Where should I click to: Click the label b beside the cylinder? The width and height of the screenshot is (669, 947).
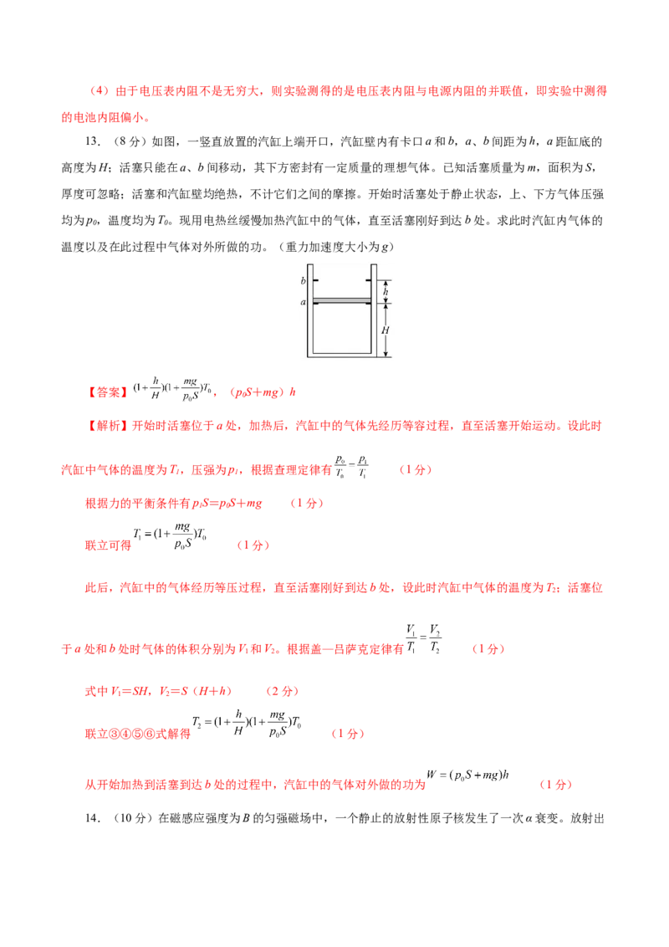303,280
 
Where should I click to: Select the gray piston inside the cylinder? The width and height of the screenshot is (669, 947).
341,300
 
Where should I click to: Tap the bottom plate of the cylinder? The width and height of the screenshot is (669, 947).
341,354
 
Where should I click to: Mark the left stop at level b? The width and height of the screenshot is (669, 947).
317,280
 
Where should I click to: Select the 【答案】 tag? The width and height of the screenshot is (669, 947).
108,391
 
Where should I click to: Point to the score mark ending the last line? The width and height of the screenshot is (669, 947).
555,786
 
